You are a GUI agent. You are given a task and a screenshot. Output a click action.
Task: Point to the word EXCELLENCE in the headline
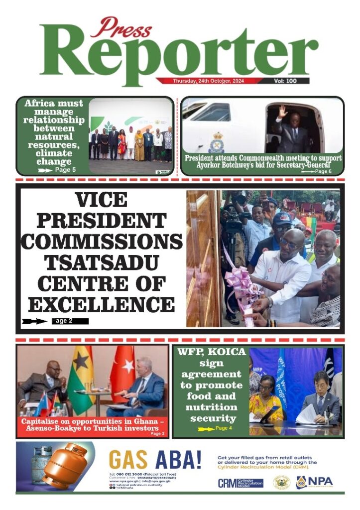pos(101,303)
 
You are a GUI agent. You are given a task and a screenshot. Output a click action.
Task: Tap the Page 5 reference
pos(65,170)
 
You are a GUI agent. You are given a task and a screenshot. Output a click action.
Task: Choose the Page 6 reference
pos(323,171)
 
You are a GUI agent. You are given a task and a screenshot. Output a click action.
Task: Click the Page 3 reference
pos(157,434)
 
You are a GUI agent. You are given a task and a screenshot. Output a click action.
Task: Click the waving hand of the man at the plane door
pos(283,111)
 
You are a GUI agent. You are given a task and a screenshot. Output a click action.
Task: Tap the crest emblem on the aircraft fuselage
pos(217,142)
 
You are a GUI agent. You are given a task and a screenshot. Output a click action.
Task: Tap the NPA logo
pos(314,482)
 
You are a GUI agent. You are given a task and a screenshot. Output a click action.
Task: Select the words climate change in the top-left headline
pos(54,157)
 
